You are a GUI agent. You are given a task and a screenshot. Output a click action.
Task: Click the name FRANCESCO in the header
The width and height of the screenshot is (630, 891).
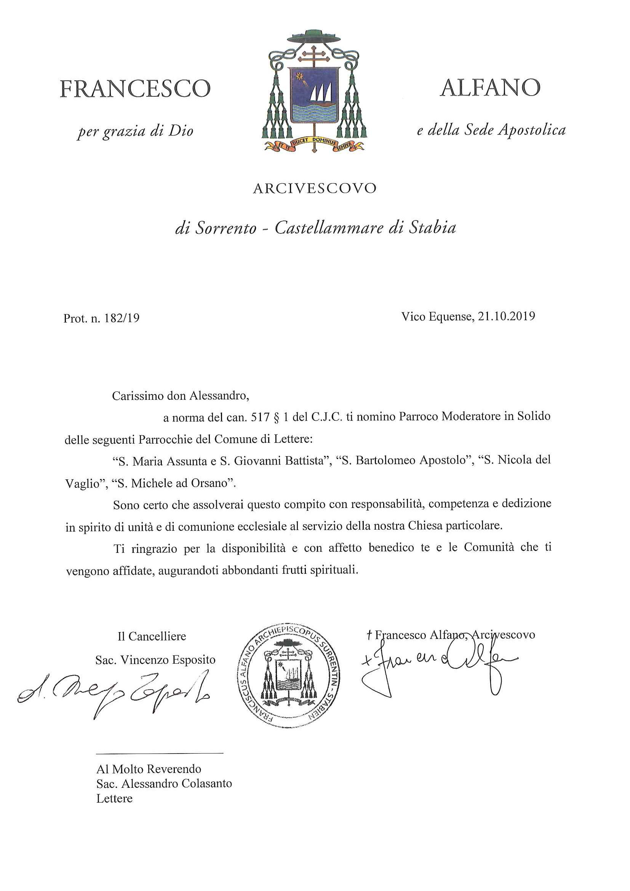point(135,89)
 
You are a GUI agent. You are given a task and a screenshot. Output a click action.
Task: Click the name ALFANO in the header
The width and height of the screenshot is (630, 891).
point(490,88)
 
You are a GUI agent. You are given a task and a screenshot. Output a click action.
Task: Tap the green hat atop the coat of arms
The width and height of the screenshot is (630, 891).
point(314,37)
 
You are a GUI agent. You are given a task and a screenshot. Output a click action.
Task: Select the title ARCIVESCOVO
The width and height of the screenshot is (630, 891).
point(314,188)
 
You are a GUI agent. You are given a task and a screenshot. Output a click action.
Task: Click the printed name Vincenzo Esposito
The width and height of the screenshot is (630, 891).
point(168,660)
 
